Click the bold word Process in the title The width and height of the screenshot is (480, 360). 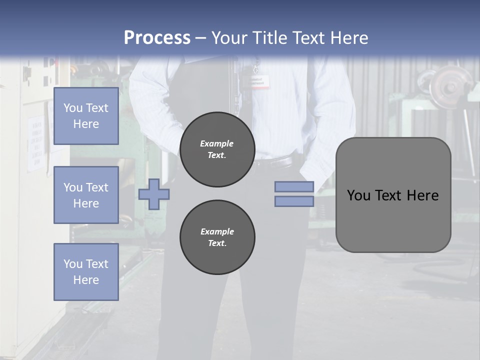tap(157, 37)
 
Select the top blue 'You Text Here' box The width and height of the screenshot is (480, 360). tap(86, 116)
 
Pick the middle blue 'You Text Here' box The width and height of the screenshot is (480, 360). tap(86, 195)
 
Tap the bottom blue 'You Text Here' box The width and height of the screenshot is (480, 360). tap(86, 271)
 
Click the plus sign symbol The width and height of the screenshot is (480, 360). tap(154, 193)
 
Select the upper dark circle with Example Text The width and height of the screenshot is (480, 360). tap(217, 149)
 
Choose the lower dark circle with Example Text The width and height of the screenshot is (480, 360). tap(217, 237)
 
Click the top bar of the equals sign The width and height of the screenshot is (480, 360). tap(294, 187)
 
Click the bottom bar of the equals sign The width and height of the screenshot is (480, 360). tap(294, 201)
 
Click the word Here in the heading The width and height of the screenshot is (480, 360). tap(348, 38)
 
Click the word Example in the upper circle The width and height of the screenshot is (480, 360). tap(216, 143)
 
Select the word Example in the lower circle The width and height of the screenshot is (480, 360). tap(217, 231)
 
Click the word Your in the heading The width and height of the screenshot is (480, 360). tap(227, 38)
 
